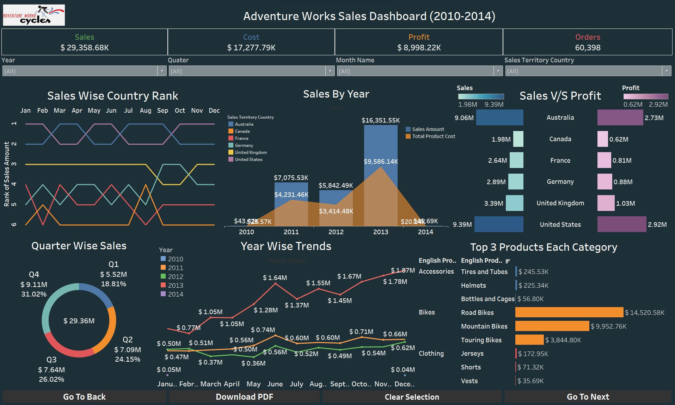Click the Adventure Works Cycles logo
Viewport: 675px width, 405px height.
(34, 15)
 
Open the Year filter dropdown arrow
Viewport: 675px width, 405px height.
(162, 71)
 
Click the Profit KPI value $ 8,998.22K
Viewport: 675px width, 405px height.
(419, 48)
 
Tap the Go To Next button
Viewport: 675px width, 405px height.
(588, 397)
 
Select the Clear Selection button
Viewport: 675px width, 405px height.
(412, 397)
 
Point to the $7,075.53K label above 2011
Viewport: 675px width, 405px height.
(291, 177)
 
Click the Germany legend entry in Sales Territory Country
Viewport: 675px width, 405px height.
(244, 145)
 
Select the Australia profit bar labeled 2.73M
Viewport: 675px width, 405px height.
(620, 118)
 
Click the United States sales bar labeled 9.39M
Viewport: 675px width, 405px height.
(498, 224)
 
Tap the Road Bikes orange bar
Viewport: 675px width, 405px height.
(569, 312)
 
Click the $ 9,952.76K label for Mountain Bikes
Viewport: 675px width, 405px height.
(608, 326)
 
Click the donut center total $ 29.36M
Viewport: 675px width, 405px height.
(79, 320)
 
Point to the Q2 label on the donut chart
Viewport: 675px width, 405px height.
(128, 339)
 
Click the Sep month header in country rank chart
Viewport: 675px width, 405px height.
(162, 111)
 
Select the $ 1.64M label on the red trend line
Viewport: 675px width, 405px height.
(275, 278)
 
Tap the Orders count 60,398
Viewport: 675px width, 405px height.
(588, 48)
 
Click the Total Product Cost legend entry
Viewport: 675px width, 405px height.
(433, 136)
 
